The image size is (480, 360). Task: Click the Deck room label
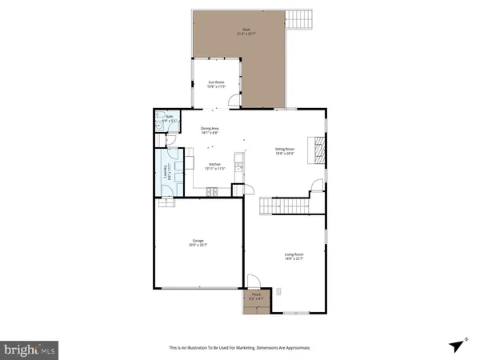tap(244, 32)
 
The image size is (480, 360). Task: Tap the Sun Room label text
tap(216, 83)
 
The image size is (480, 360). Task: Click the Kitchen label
tap(210, 166)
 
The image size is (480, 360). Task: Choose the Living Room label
tap(294, 257)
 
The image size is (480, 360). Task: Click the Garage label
tap(198, 242)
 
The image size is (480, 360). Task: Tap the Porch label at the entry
tap(257, 297)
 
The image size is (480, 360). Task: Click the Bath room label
tap(169, 118)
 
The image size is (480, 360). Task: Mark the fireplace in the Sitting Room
tap(319, 149)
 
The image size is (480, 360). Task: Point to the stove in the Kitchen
tap(211, 191)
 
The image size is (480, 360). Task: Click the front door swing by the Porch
tap(253, 282)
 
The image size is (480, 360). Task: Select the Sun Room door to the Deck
tap(233, 102)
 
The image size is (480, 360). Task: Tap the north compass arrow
tap(457, 344)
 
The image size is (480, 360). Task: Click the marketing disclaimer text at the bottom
tap(239, 348)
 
